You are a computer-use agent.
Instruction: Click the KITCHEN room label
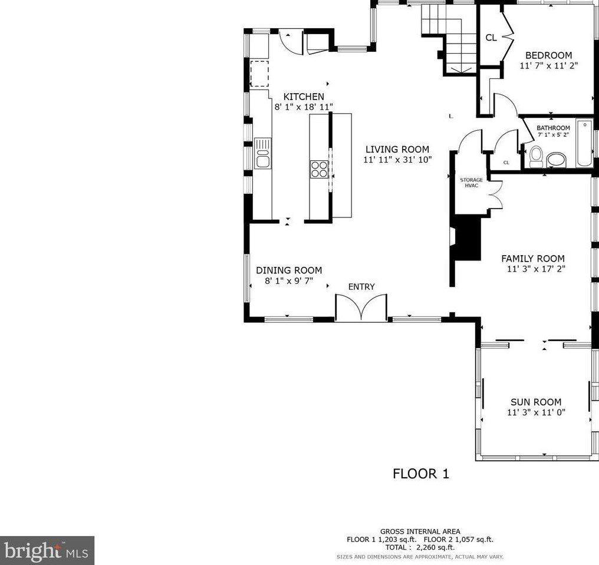point(304,97)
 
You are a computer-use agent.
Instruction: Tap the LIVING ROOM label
point(397,149)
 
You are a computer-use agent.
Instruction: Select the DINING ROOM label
point(289,270)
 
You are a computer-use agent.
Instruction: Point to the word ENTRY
point(361,287)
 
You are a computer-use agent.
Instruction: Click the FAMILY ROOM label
point(533,259)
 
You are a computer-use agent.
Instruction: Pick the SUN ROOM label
point(536,402)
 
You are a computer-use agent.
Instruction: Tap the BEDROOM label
point(548,55)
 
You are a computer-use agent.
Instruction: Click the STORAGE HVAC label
point(472,183)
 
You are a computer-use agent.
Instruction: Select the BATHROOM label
point(553,128)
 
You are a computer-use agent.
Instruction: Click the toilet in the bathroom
point(537,157)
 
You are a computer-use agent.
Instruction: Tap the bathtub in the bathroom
point(584,143)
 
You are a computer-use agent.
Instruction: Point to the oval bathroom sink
point(557,160)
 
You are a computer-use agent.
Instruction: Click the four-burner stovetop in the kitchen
point(319,169)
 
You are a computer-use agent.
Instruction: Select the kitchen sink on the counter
point(262,153)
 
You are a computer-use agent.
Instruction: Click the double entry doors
point(361,307)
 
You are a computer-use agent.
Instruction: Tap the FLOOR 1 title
point(421,474)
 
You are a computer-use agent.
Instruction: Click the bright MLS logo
point(47,550)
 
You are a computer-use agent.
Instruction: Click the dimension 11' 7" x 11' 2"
point(548,65)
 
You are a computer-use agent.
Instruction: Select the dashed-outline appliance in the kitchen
point(259,74)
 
